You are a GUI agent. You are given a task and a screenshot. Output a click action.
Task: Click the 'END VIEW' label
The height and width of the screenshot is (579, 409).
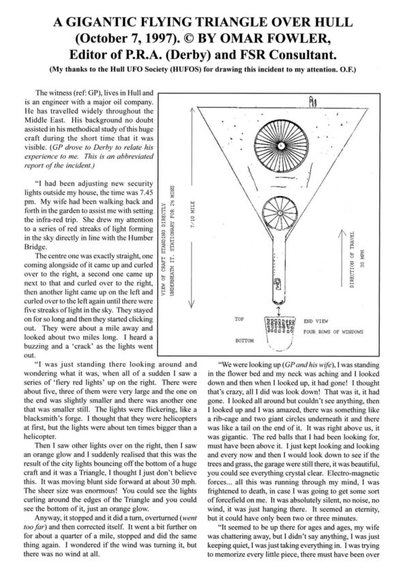[x=318, y=319]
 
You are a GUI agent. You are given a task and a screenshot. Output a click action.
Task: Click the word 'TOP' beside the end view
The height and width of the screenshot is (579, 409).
[x=239, y=318]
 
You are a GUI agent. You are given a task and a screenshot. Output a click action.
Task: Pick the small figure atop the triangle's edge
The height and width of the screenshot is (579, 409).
[x=313, y=103]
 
